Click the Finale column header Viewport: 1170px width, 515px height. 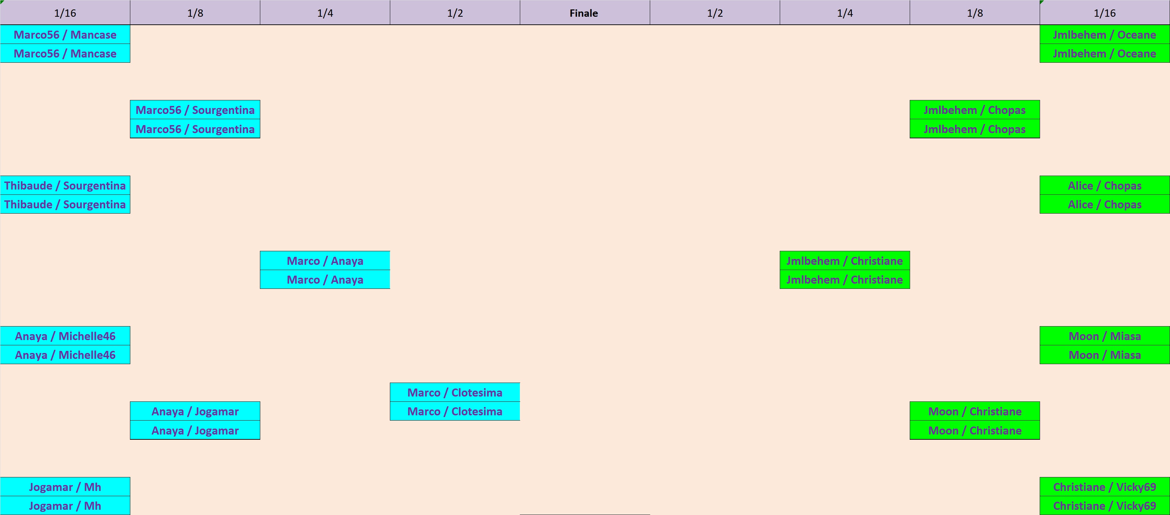coord(584,13)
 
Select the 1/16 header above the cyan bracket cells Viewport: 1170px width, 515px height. coord(65,13)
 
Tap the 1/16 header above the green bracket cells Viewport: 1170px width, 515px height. coord(1104,13)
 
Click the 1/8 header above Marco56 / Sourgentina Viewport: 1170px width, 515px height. coord(195,13)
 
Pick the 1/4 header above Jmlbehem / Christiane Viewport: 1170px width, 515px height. coord(845,13)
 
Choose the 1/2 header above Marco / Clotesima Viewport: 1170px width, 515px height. coord(455,13)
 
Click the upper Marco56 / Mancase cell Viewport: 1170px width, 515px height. coord(65,34)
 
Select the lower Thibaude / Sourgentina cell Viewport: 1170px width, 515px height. coord(65,205)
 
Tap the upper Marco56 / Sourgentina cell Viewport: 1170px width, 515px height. coord(195,110)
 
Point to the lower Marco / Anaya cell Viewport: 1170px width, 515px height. coord(325,280)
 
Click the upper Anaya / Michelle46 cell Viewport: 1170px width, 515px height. coord(65,336)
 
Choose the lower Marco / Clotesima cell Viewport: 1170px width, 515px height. coord(455,412)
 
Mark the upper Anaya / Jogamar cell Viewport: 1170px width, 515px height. coord(195,412)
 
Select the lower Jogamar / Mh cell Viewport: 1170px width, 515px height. coord(65,506)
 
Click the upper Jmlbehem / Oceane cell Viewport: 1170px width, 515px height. coord(1104,34)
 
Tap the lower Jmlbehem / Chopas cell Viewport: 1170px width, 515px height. coord(975,129)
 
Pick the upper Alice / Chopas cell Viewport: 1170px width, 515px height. coord(1104,185)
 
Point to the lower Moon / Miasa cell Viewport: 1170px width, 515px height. coord(1104,355)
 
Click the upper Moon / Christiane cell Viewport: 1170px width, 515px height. coord(975,412)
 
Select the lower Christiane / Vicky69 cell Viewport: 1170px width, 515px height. coord(1104,506)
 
